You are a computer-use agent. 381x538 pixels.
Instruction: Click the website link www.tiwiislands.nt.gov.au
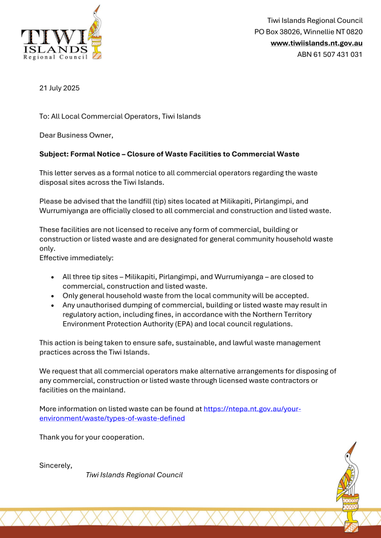tap(316, 43)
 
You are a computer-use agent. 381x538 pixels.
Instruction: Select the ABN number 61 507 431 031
tap(330, 54)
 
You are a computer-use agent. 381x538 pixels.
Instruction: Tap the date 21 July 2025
tap(59, 88)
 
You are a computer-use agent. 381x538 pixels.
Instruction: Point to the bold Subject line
tap(169, 154)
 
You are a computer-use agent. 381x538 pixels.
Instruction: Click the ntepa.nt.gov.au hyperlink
tap(252, 409)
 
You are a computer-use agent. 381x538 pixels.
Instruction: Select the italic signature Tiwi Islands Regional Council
tap(134, 475)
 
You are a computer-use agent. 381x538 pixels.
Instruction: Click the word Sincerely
tap(56, 465)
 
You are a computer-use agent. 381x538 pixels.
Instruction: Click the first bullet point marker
tap(53, 277)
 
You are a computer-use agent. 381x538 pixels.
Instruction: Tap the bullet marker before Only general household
tap(53, 296)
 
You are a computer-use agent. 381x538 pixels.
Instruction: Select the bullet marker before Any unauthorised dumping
tap(53, 306)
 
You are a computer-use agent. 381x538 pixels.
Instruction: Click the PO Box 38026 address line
tap(308, 31)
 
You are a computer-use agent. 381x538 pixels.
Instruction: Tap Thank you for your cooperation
tap(92, 437)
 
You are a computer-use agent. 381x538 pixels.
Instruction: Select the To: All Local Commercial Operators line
tap(120, 116)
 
